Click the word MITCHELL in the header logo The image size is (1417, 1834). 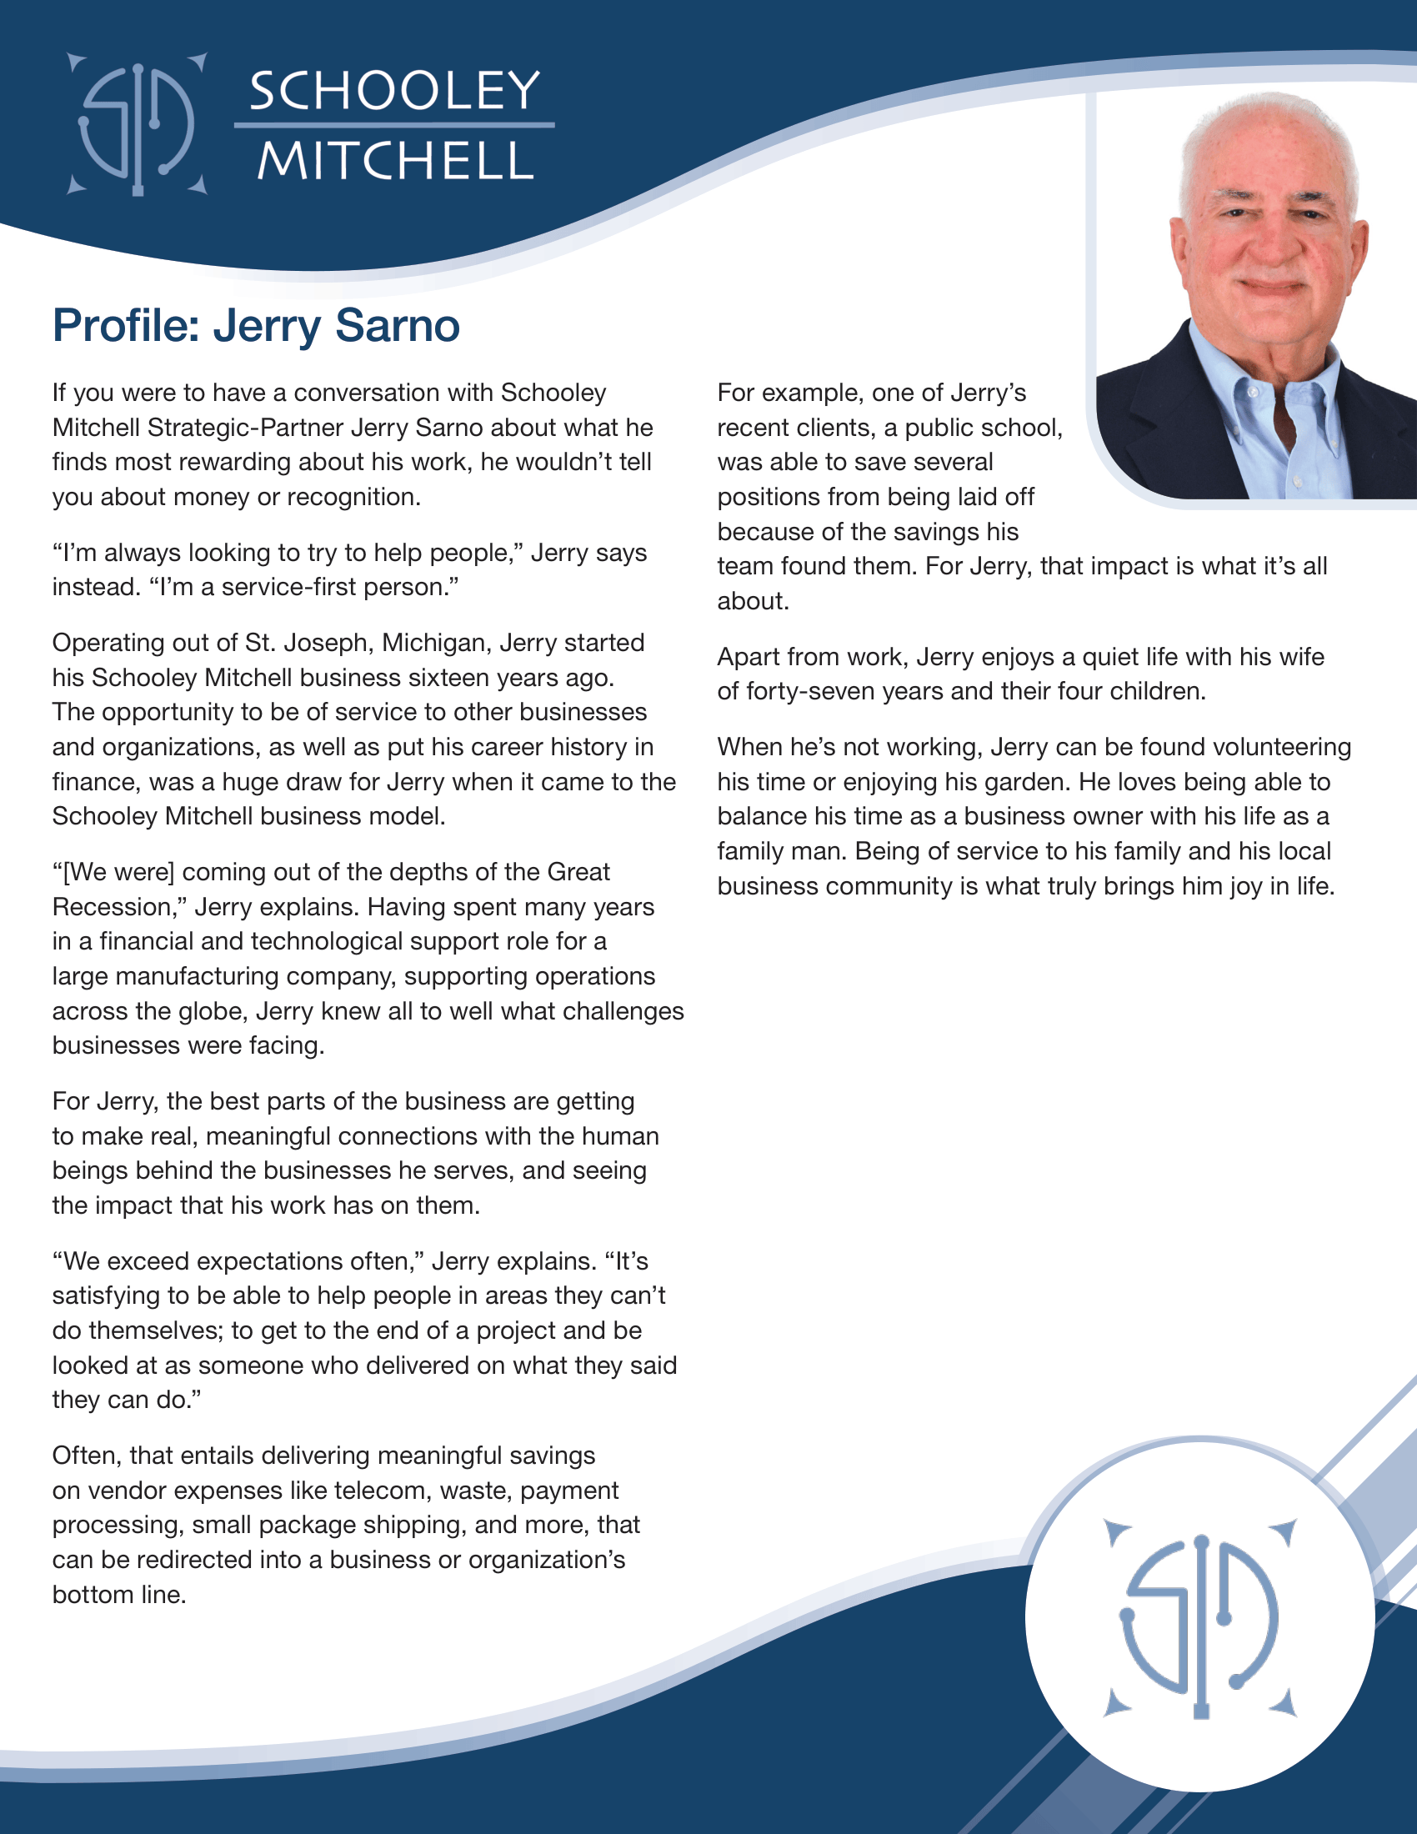coord(394,160)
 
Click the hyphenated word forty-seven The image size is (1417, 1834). coord(812,691)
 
